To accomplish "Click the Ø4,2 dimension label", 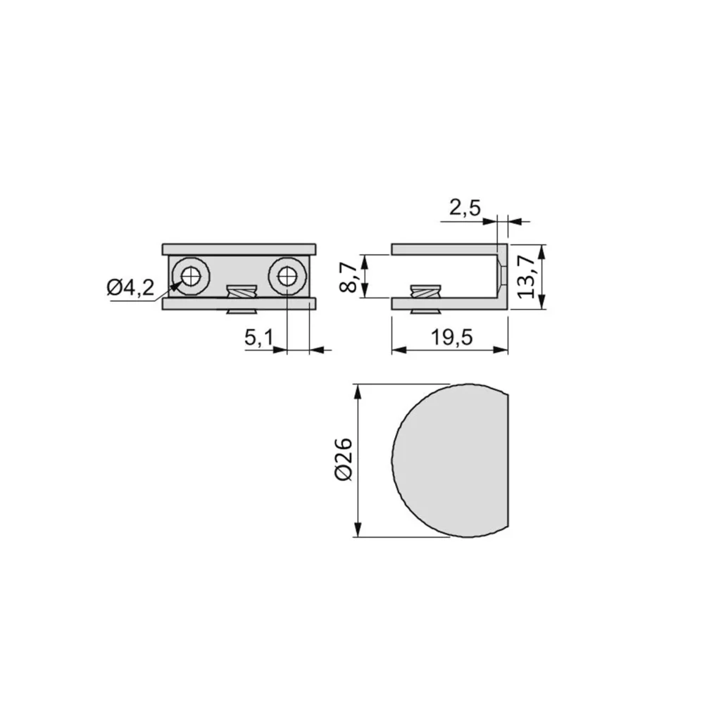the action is (130, 288).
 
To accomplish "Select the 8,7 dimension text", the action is (348, 277).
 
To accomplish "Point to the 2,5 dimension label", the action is (465, 208).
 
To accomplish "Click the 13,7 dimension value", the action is (527, 277).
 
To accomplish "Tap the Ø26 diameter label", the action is (344, 460).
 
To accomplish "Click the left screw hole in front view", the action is (190, 276).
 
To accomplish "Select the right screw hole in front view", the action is (287, 276).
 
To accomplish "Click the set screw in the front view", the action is (242, 299).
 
